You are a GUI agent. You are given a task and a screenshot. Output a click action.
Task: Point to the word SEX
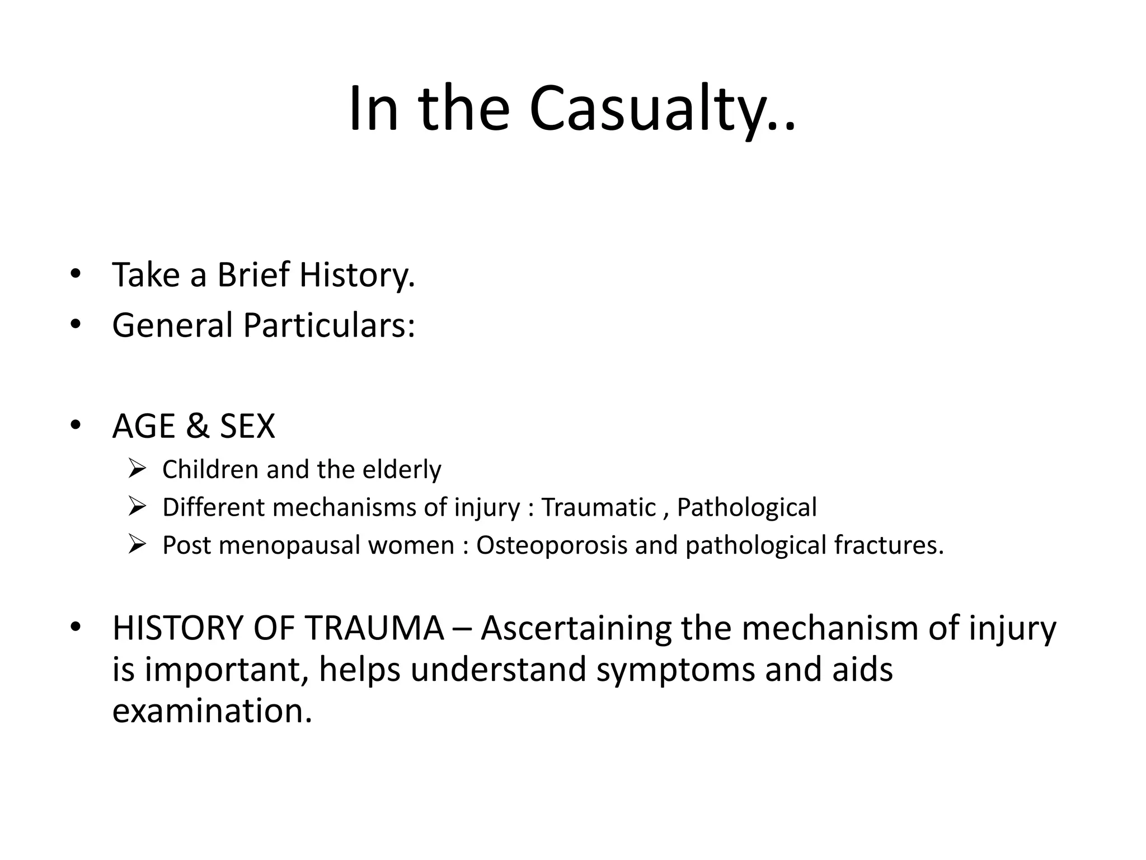pyautogui.click(x=247, y=426)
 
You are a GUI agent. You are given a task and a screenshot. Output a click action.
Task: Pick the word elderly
pyautogui.click(x=402, y=469)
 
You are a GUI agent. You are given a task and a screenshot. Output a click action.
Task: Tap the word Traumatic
pyautogui.click(x=599, y=507)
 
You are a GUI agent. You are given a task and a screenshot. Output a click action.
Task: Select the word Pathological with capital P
pyautogui.click(x=746, y=507)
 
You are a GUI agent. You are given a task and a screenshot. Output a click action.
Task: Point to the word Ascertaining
pyautogui.click(x=576, y=628)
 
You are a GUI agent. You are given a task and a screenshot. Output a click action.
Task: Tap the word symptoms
pyautogui.click(x=675, y=670)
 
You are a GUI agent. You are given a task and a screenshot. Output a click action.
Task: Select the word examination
pyautogui.click(x=212, y=711)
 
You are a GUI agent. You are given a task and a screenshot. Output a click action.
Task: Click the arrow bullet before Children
pyautogui.click(x=137, y=469)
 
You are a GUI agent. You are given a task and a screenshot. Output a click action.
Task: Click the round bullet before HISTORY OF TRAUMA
pyautogui.click(x=76, y=627)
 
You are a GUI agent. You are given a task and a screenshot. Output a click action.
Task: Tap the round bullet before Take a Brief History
pyautogui.click(x=76, y=274)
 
